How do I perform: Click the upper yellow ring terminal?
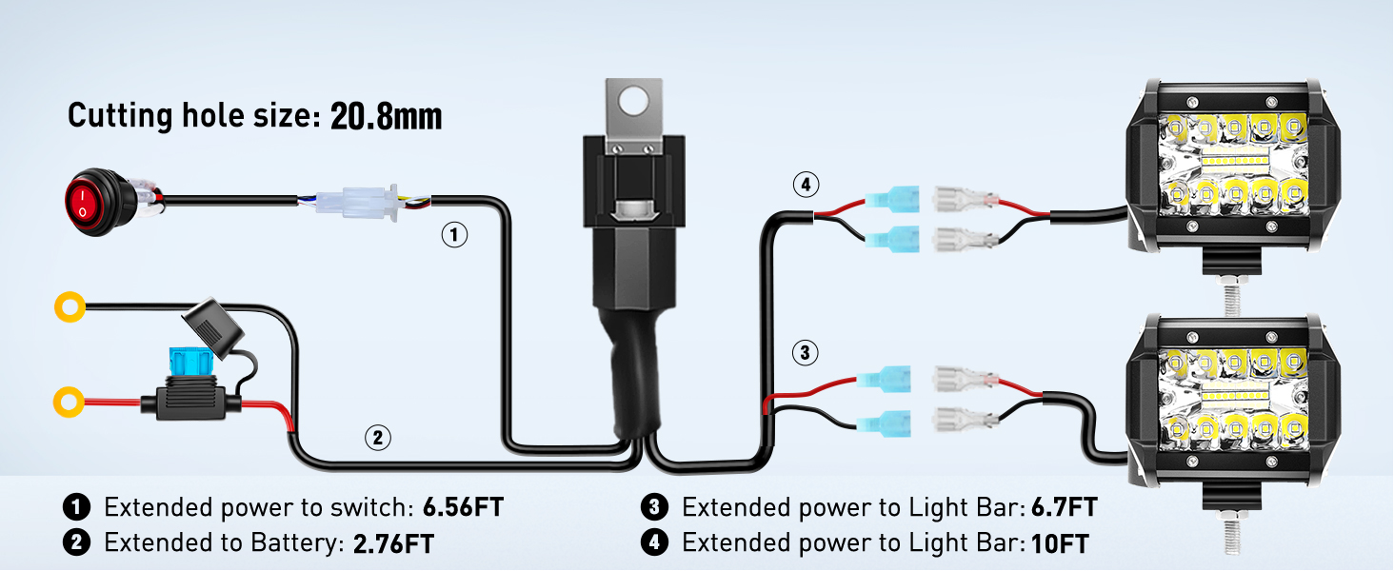click(x=70, y=306)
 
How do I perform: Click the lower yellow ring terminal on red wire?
click(x=70, y=402)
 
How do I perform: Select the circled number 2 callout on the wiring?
click(x=378, y=438)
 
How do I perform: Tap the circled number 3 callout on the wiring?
click(x=805, y=354)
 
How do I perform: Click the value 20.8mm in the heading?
click(x=386, y=117)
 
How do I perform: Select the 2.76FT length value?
click(x=393, y=544)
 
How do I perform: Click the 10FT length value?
click(x=1060, y=544)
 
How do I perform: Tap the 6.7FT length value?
click(x=1064, y=507)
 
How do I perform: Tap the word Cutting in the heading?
click(x=120, y=117)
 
